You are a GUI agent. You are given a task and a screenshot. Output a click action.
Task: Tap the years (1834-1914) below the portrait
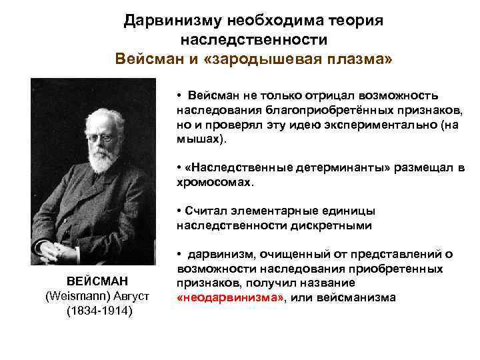(x=99, y=311)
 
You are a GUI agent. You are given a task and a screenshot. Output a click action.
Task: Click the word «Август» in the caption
(x=132, y=296)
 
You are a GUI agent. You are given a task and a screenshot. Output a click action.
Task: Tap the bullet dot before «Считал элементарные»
(x=180, y=212)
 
